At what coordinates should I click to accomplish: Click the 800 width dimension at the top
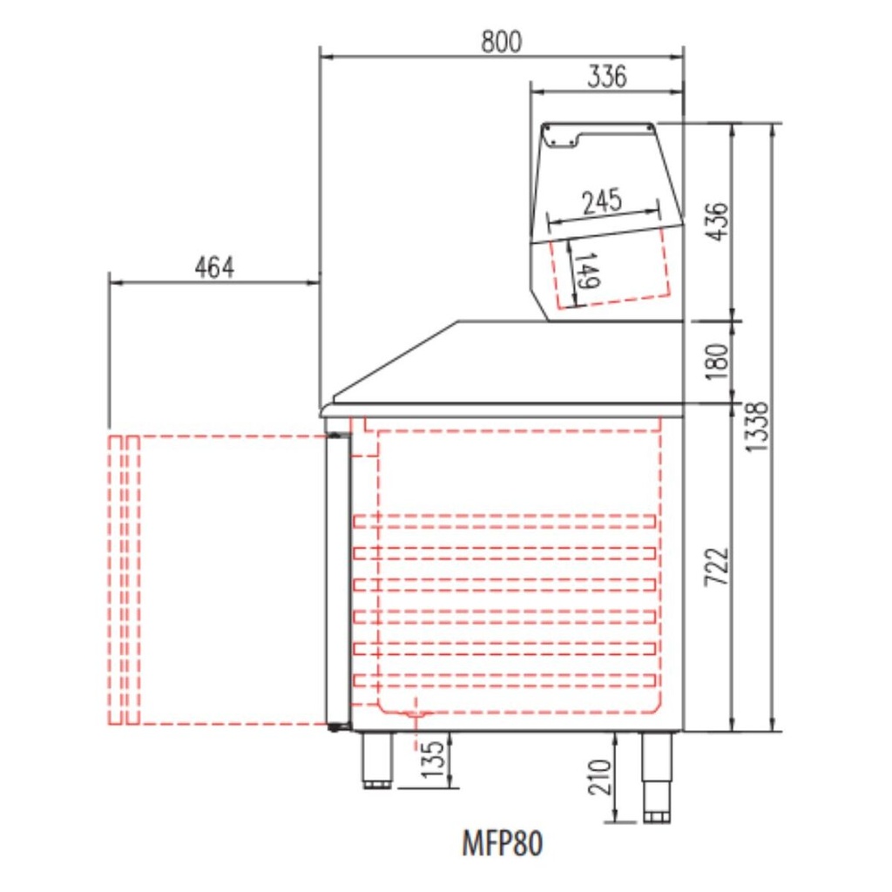[x=502, y=41]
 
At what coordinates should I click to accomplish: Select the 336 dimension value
[x=606, y=77]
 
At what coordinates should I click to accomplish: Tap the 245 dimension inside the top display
[x=602, y=201]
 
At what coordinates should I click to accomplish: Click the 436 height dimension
[x=715, y=222]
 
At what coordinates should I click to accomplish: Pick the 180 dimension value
[x=715, y=361]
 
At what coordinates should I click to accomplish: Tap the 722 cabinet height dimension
[x=715, y=567]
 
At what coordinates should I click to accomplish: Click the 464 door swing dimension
[x=214, y=268]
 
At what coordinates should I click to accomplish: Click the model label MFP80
[x=502, y=843]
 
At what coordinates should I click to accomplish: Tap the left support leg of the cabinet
[x=378, y=760]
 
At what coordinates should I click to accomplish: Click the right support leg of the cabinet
[x=657, y=775]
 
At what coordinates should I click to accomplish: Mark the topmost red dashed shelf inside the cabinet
[x=504, y=521]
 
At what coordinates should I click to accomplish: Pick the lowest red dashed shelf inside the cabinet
[x=504, y=680]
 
